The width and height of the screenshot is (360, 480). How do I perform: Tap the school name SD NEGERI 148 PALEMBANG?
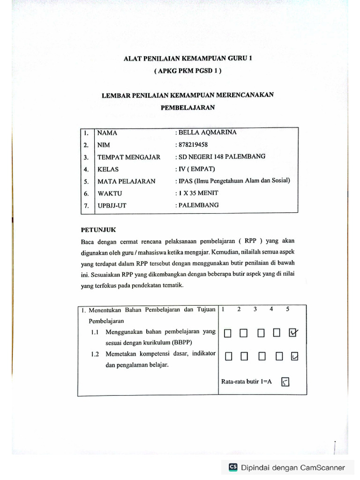(x=220, y=157)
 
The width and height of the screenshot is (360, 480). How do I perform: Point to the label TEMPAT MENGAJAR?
(x=129, y=157)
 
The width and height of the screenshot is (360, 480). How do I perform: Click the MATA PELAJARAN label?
(x=126, y=181)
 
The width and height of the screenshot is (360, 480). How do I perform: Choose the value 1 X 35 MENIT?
(x=198, y=193)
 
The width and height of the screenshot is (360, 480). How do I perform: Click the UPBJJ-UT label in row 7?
(x=112, y=205)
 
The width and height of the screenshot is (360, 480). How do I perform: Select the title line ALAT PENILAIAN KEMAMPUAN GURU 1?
(x=187, y=59)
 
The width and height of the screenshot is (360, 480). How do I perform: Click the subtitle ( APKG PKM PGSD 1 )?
(x=187, y=71)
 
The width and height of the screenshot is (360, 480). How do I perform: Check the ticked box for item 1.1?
(x=294, y=333)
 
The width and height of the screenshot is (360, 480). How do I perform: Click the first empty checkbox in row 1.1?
(x=228, y=333)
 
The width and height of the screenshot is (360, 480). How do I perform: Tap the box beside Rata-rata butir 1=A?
(x=285, y=382)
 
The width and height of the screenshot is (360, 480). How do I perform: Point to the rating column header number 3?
(x=255, y=309)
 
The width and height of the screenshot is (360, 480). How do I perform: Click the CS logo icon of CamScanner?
(x=233, y=467)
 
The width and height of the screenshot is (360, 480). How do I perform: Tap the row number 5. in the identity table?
(x=86, y=181)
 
